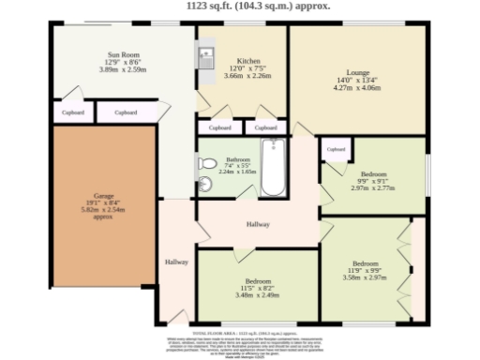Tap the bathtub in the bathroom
(x=273, y=168)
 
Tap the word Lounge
(x=357, y=71)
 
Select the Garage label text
(x=102, y=196)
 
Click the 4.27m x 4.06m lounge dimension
(x=357, y=88)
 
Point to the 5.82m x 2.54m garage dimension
(x=102, y=210)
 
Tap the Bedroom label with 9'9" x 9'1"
(x=373, y=172)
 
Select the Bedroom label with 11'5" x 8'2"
(x=258, y=280)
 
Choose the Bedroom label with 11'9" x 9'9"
(x=365, y=263)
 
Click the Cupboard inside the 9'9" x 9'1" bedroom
(x=336, y=149)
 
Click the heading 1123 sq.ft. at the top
(x=240, y=5)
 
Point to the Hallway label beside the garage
(x=176, y=262)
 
